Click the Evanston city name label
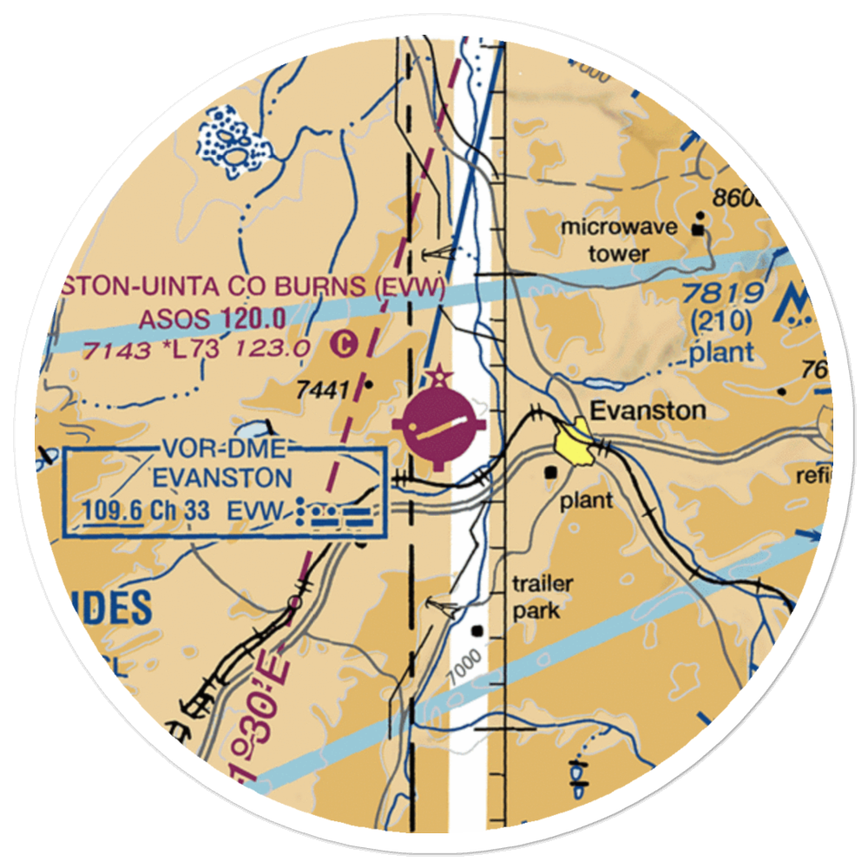[648, 410]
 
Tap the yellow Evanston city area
[575, 441]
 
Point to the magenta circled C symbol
[345, 345]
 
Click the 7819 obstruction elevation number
[721, 293]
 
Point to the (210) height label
[721, 322]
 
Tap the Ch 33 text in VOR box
[179, 510]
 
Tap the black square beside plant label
[552, 473]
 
